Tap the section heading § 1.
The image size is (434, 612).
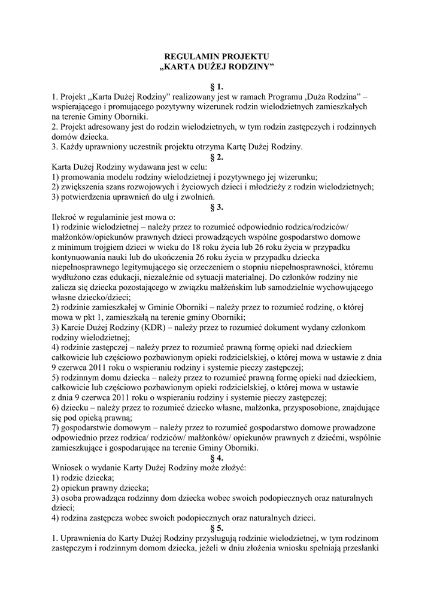coord(217,87)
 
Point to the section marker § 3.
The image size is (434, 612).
coord(217,207)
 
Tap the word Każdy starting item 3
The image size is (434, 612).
coord(72,146)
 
